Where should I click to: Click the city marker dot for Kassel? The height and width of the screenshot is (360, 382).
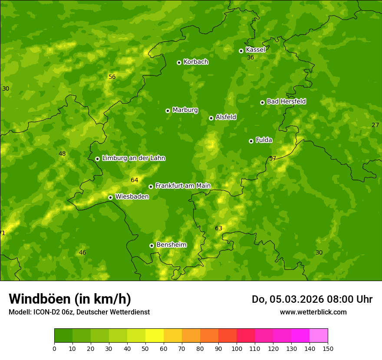pos(241,51)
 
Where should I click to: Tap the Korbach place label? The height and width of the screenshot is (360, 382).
pos(196,62)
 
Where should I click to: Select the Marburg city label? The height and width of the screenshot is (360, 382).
pos(185,110)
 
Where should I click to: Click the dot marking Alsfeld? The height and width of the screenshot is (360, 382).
pos(211,118)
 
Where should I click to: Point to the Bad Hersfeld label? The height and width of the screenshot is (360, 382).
pos(286,101)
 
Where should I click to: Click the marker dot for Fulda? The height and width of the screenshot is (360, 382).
pos(251,141)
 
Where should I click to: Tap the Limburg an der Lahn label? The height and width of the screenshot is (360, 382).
pos(133,158)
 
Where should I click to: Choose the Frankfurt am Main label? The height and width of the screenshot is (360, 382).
pos(183,186)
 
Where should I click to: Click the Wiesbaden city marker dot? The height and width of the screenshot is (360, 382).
pos(110,197)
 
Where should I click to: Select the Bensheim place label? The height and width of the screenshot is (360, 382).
pos(171,245)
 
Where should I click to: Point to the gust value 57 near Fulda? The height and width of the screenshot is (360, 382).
pos(273,159)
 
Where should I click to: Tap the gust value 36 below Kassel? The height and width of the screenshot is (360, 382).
pos(250,58)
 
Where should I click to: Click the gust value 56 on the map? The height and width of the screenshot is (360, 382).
pos(112,77)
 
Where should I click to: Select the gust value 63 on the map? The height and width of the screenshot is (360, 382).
pos(219,229)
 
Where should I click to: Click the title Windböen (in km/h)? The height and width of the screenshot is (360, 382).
pos(70,299)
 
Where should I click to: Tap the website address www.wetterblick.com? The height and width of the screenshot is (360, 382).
pos(313,312)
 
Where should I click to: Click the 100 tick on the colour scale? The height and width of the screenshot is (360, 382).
pos(237,348)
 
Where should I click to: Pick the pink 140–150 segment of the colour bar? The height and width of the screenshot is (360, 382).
pos(319,335)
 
